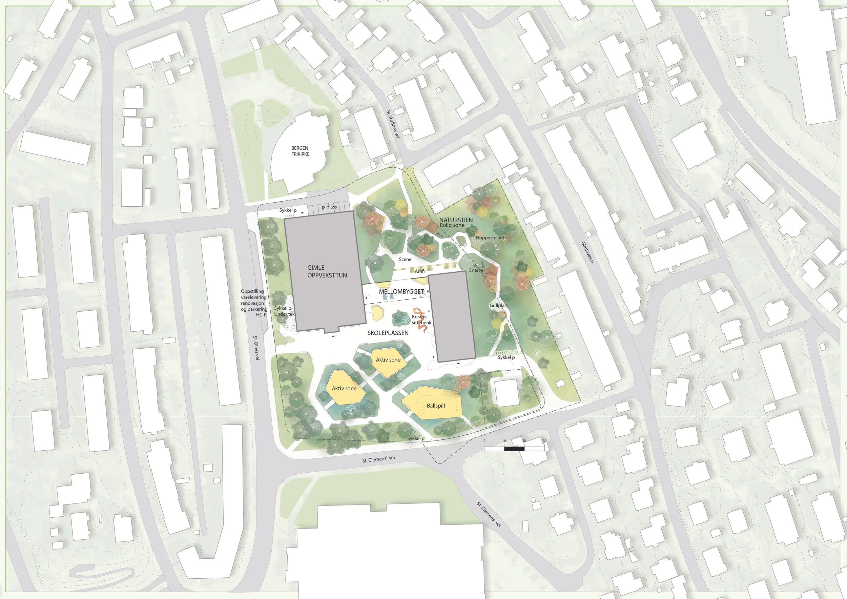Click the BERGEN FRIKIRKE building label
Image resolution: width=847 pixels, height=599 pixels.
tap(300, 151)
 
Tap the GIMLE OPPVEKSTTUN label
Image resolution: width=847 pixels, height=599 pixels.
tap(327, 271)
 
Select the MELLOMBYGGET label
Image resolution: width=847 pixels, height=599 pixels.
tap(401, 291)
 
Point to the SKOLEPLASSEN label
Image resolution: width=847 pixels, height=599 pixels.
tap(388, 333)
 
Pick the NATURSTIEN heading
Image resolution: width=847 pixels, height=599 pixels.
tap(456, 220)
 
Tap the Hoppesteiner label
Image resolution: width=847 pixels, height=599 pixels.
tap(490, 237)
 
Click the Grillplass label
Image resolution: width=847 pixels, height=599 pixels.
tap(499, 305)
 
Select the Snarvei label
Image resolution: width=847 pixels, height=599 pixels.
tap(477, 270)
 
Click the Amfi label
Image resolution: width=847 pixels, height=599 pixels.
tap(419, 271)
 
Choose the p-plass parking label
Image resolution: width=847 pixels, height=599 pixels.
tap(329, 207)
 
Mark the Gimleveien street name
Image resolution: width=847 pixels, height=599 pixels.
tap(587, 252)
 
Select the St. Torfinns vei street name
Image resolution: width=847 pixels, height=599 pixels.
tap(393, 124)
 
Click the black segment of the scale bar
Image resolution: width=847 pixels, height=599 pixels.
tap(514, 449)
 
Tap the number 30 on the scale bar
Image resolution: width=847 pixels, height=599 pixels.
tap(544, 441)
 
